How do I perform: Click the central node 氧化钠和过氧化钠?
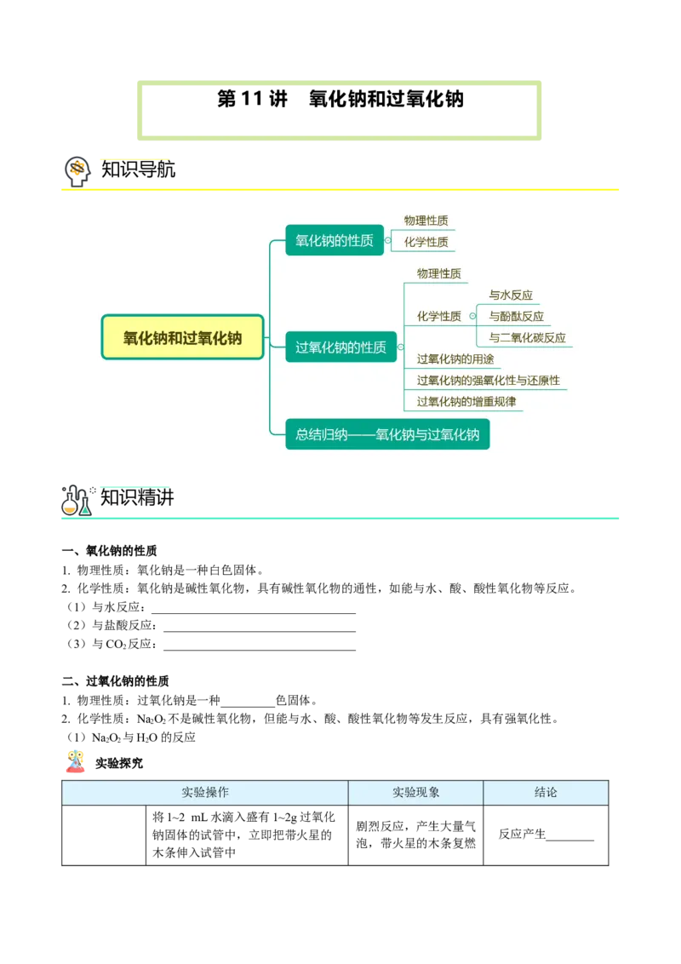[x=182, y=337]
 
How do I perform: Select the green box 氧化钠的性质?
[x=334, y=241]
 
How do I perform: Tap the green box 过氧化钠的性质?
[x=340, y=347]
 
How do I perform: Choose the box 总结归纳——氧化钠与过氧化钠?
[x=387, y=434]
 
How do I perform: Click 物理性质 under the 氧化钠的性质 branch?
[x=426, y=221]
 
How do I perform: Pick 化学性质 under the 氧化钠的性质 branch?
[x=426, y=242]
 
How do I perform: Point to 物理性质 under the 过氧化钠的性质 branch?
[x=438, y=273]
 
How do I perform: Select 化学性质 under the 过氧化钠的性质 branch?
[x=438, y=316]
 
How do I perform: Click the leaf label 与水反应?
[x=511, y=295]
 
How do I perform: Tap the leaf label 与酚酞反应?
[x=516, y=316]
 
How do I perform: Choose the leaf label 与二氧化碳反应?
[x=527, y=337]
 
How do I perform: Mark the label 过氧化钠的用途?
[x=455, y=359]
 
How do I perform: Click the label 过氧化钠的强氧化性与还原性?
[x=488, y=380]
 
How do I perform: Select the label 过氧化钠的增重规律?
[x=466, y=401]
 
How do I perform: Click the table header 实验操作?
[x=205, y=792]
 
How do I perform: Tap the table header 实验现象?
[x=416, y=792]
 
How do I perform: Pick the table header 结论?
[x=546, y=792]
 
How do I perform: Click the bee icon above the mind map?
[x=77, y=169]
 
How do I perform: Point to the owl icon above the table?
[x=75, y=762]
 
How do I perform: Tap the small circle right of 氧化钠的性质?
[x=388, y=241]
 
